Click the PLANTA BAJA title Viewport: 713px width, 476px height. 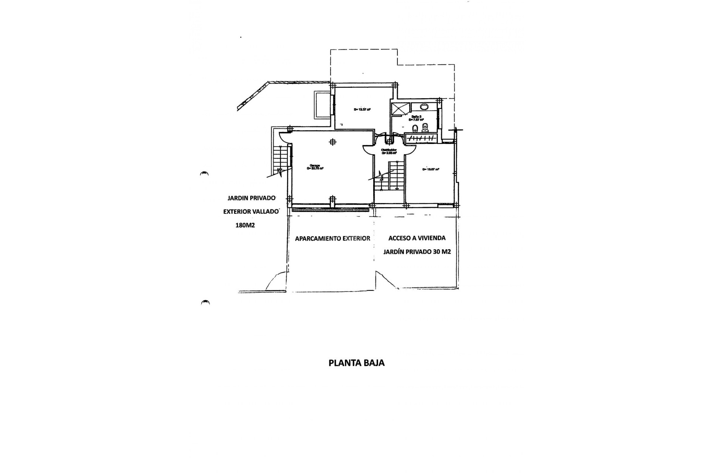[356, 363]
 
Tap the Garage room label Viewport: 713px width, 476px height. [315, 167]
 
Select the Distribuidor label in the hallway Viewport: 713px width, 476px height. [389, 151]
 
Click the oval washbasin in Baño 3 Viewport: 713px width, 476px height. [424, 107]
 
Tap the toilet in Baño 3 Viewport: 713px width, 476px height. [426, 128]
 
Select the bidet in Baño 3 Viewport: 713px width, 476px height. [415, 129]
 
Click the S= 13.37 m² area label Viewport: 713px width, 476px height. [362, 110]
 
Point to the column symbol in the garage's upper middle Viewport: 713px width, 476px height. [333, 142]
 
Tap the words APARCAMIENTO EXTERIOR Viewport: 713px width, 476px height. [332, 238]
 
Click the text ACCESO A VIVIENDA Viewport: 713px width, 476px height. [417, 238]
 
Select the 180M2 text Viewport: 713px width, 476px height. [245, 225]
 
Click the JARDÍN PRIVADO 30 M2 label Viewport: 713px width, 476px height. [417, 251]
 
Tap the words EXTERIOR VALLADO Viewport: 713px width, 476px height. [251, 212]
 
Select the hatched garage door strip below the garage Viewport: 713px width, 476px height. [331, 210]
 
